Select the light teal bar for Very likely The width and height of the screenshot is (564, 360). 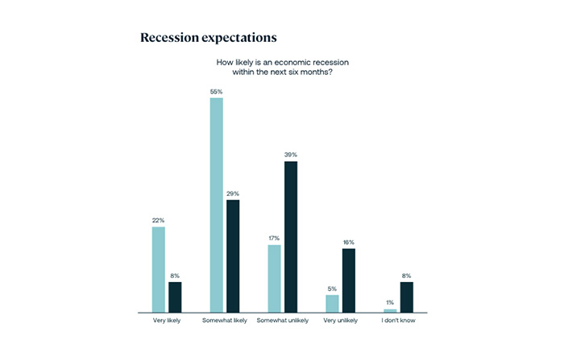[x=159, y=269]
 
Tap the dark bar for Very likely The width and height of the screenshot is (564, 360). [x=175, y=296]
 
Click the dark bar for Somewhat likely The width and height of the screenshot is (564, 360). [x=233, y=255]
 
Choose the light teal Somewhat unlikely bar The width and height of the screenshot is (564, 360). [x=275, y=278]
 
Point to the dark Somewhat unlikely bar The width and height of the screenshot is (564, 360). [x=291, y=237]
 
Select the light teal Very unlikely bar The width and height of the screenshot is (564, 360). [x=333, y=303]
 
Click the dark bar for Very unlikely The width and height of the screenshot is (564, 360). [x=349, y=280]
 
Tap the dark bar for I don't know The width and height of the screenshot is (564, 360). [x=407, y=296]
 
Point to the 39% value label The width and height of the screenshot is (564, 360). [x=291, y=155]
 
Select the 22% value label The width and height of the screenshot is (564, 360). [x=159, y=221]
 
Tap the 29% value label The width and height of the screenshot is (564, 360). [x=233, y=193]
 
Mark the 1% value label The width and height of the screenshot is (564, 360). [x=391, y=303]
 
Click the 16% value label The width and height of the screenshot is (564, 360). [x=349, y=242]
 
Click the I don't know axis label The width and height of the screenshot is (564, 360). [x=398, y=321]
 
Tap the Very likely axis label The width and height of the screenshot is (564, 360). [x=167, y=321]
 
